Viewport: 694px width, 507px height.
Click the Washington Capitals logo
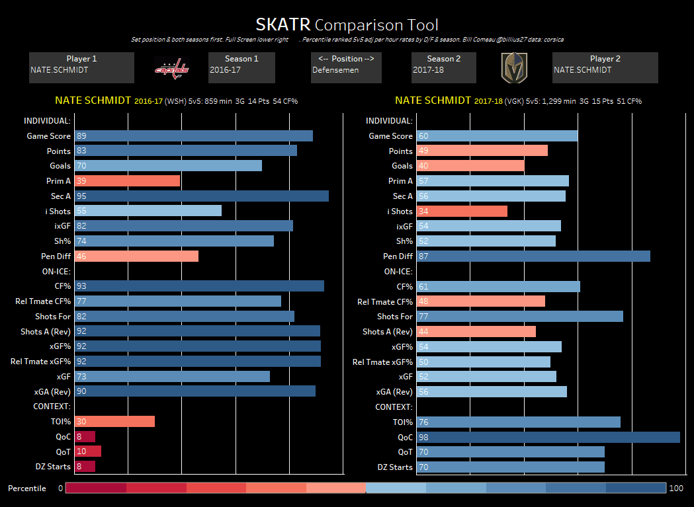172,68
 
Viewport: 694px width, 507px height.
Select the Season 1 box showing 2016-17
241,67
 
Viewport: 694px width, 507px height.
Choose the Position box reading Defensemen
346,67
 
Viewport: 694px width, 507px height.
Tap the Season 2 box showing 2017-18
444,67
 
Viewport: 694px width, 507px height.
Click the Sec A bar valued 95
202,196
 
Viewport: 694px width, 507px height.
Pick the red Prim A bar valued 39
127,181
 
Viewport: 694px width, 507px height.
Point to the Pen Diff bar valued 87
533,256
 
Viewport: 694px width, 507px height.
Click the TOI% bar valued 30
114,422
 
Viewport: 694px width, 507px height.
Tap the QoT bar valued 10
88,451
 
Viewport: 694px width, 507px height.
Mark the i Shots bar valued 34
462,212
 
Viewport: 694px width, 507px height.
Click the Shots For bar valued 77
519,317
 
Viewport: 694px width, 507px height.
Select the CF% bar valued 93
199,286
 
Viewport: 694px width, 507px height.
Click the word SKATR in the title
283,25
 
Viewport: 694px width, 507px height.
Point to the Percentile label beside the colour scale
27,488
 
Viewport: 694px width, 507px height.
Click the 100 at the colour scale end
676,488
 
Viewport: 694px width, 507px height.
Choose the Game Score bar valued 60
497,136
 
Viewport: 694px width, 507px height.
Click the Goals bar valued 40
470,166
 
